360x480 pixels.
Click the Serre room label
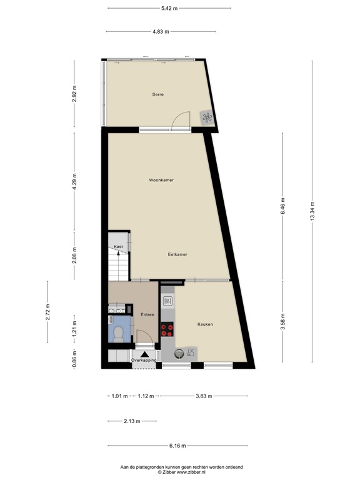(x=157, y=94)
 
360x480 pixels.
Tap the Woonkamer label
(x=161, y=180)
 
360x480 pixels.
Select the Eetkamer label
(x=177, y=254)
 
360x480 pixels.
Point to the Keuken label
(x=206, y=324)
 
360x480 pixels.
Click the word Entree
(x=147, y=314)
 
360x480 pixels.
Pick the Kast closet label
(x=117, y=247)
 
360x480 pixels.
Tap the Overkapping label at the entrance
(x=144, y=361)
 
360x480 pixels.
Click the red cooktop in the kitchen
(x=167, y=329)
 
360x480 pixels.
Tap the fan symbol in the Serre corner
(x=207, y=117)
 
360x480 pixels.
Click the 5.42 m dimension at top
(x=169, y=8)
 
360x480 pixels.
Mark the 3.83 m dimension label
(x=204, y=396)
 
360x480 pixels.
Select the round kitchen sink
(x=179, y=353)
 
